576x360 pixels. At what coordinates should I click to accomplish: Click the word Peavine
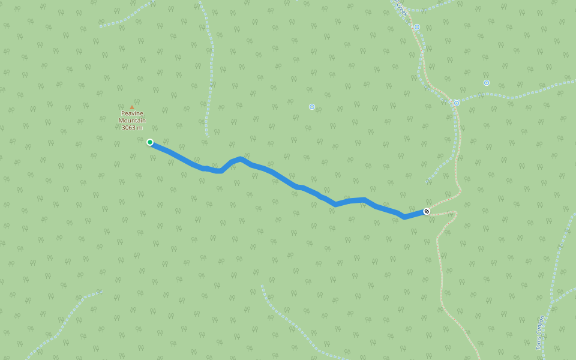(132, 113)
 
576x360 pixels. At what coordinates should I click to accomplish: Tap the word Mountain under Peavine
(132, 121)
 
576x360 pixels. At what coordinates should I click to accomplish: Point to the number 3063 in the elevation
(129, 128)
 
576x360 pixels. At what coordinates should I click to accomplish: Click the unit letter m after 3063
(140, 128)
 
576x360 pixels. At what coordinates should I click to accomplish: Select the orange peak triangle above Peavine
(132, 107)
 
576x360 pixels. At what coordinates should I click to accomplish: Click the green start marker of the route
(150, 142)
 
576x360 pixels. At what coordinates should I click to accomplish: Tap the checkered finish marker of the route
(427, 211)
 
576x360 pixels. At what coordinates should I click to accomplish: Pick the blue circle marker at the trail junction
(457, 103)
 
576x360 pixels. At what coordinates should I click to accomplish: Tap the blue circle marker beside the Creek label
(417, 27)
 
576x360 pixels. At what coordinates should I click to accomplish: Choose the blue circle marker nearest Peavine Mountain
(312, 107)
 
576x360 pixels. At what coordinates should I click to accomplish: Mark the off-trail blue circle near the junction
(487, 83)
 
